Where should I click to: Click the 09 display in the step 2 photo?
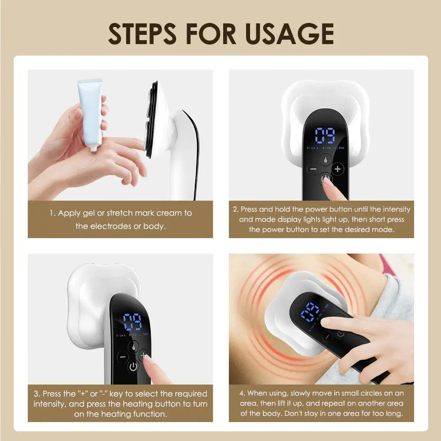tap(325, 135)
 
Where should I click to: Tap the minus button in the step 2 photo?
tap(314, 169)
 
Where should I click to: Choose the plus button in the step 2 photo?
tap(337, 169)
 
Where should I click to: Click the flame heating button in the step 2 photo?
tap(325, 159)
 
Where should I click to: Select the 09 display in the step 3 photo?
tap(132, 322)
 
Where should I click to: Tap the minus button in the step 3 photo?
tap(122, 356)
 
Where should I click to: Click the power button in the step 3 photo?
tap(134, 366)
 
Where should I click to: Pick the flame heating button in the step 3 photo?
tap(133, 347)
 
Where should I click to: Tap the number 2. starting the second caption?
tap(236, 209)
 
